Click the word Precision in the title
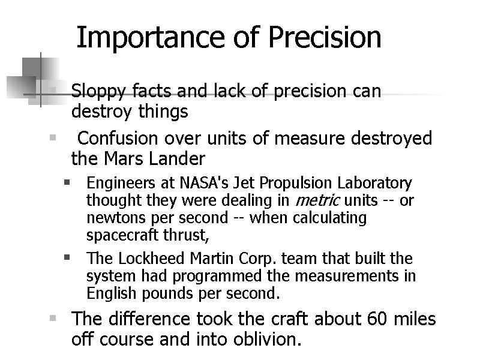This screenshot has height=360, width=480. (324, 37)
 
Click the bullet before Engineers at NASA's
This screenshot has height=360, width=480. (68, 181)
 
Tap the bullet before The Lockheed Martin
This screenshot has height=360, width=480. (68, 257)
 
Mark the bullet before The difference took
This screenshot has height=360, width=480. (53, 317)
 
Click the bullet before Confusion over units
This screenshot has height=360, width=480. (53, 137)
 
